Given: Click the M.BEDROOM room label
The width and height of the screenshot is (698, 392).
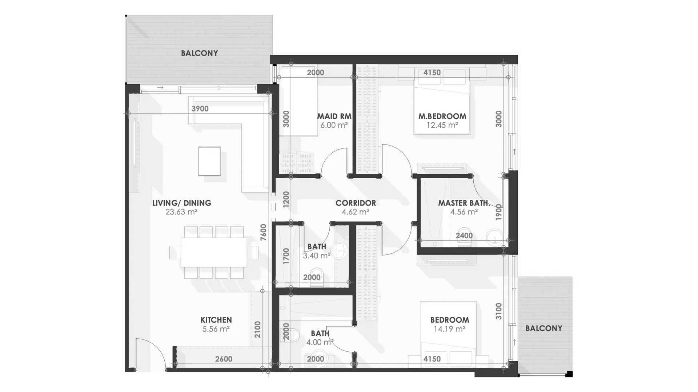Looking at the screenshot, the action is pyautogui.click(x=442, y=117).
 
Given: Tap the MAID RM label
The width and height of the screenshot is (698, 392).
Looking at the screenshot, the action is pyautogui.click(x=334, y=117).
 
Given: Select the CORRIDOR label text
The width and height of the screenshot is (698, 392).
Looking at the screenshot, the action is pyautogui.click(x=356, y=203).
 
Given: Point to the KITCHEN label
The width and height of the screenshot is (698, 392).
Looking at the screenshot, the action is pyautogui.click(x=216, y=320).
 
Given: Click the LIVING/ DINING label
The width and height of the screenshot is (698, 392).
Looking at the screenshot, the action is pyautogui.click(x=181, y=203).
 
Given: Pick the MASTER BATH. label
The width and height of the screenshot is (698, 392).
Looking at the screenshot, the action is pyautogui.click(x=464, y=203).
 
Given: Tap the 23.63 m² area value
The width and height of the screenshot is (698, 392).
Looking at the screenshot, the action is pyautogui.click(x=181, y=212).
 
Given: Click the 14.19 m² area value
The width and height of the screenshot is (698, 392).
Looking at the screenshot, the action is pyautogui.click(x=449, y=329).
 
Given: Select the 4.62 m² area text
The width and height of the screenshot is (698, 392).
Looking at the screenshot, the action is pyautogui.click(x=355, y=212).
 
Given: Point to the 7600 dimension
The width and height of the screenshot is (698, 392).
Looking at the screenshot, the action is pyautogui.click(x=264, y=232).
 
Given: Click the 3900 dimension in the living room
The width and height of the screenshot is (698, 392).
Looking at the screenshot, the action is pyautogui.click(x=200, y=109).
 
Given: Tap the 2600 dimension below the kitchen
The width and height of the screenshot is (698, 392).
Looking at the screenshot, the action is pyautogui.click(x=224, y=359).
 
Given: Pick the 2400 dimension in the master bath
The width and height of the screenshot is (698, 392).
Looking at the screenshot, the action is pyautogui.click(x=464, y=236).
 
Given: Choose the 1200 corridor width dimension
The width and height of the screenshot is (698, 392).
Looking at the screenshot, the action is pyautogui.click(x=286, y=199).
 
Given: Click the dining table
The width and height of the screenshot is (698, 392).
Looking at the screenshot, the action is pyautogui.click(x=214, y=252).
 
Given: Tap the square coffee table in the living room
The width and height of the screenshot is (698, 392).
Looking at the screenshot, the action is pyautogui.click(x=209, y=161).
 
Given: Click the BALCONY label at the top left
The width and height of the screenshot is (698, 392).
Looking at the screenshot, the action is pyautogui.click(x=200, y=53).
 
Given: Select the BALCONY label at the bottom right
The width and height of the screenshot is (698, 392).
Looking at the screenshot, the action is pyautogui.click(x=543, y=328).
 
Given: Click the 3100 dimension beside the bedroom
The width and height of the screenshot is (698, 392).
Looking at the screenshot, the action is pyautogui.click(x=499, y=311).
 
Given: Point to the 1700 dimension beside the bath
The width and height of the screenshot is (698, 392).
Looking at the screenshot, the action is pyautogui.click(x=286, y=256).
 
